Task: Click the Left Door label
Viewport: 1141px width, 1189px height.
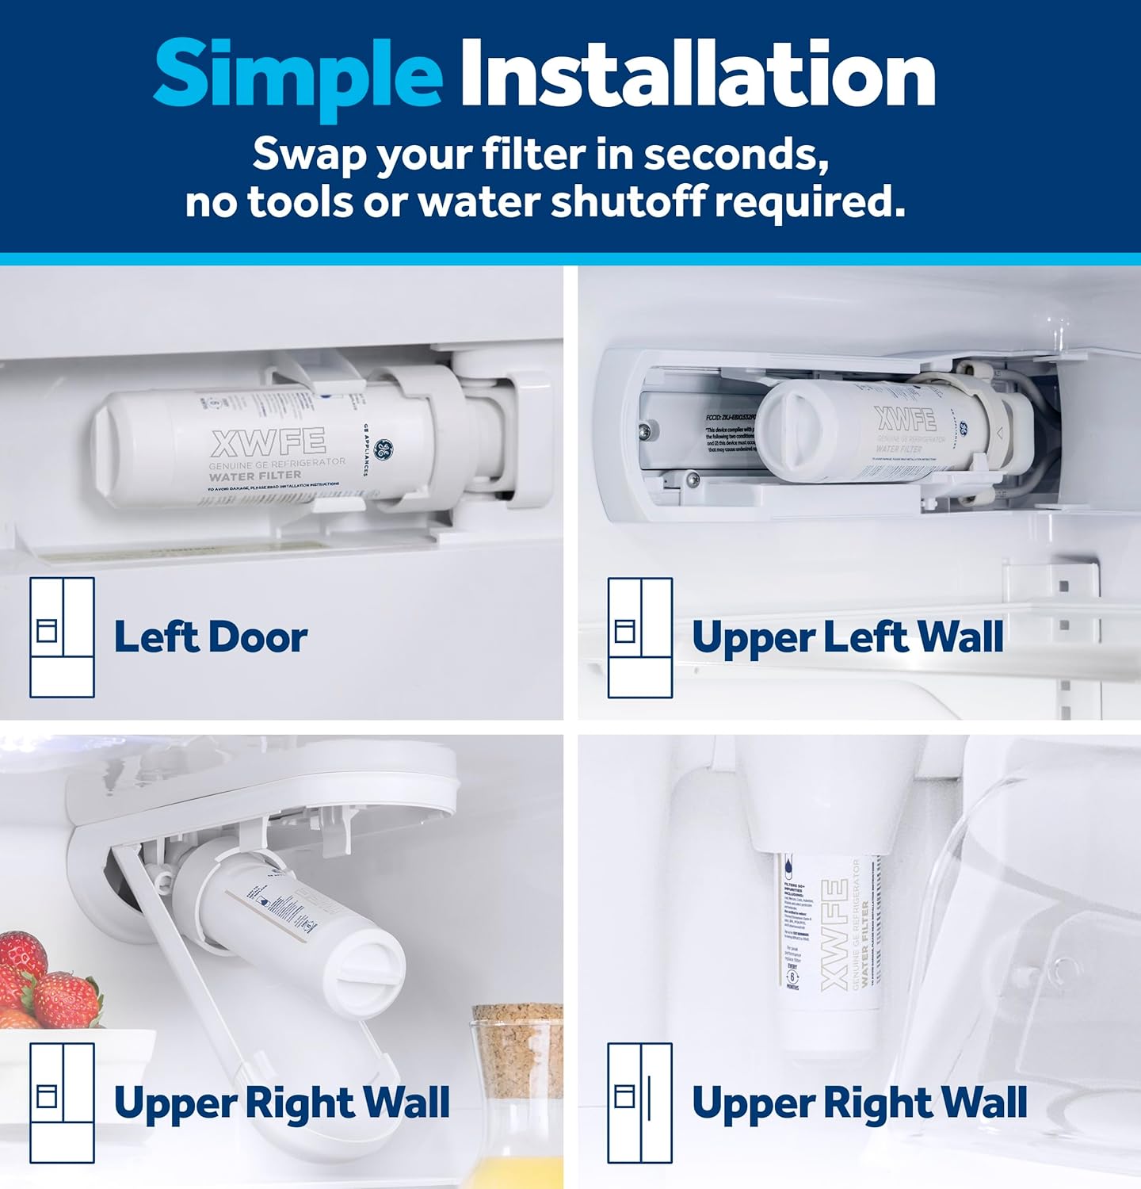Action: [x=210, y=637]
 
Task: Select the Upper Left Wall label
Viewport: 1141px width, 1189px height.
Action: [x=847, y=637]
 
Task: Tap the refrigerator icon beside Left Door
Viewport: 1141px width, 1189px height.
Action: [x=62, y=637]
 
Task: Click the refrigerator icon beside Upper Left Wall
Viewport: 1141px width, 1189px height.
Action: [x=640, y=637]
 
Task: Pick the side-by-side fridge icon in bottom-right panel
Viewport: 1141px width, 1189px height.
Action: [x=640, y=1103]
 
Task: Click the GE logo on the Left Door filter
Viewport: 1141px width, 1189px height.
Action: [x=384, y=449]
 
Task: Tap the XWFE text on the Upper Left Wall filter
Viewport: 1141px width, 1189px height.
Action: [x=906, y=419]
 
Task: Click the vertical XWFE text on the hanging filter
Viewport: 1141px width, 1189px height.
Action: [x=835, y=935]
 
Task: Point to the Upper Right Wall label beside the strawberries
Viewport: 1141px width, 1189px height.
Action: [x=281, y=1103]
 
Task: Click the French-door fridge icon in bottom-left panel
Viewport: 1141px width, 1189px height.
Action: [x=62, y=1103]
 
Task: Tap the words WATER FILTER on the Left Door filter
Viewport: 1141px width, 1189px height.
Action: [x=254, y=476]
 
